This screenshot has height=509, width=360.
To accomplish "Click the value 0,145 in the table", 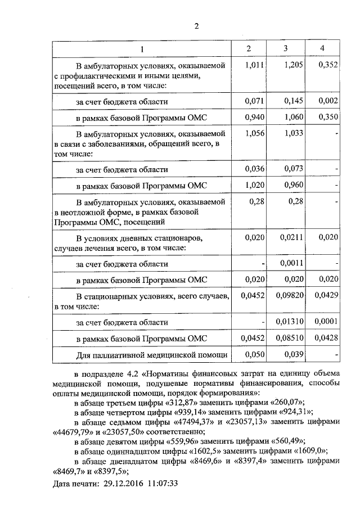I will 293,101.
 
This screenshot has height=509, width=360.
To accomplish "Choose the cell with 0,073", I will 293,169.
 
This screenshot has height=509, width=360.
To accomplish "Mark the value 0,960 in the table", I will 293,185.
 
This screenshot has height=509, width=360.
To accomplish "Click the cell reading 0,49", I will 295,201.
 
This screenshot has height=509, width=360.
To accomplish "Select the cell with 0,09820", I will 290,295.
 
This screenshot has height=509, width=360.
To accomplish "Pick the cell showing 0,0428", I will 326,338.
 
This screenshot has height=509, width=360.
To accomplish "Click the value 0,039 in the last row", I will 293,354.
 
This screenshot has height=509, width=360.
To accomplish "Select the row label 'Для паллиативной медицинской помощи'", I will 151,355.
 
